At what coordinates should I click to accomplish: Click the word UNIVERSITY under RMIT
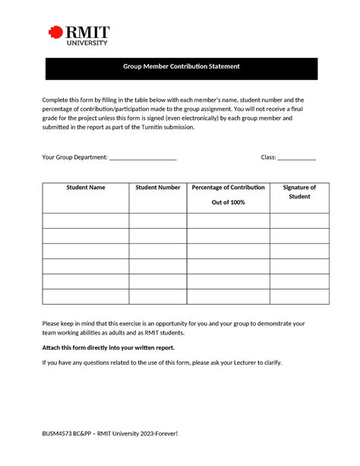(x=87, y=43)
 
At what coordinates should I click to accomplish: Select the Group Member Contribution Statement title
(x=181, y=67)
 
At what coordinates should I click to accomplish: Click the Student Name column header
(x=85, y=187)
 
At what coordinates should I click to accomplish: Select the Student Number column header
(x=157, y=187)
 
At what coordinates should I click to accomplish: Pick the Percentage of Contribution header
(x=228, y=187)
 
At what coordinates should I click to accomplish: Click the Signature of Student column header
(x=299, y=192)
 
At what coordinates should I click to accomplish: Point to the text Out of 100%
(x=228, y=202)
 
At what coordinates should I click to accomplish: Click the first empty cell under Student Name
(x=85, y=220)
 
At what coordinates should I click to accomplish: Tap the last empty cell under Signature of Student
(x=299, y=296)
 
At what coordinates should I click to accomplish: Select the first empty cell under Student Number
(x=157, y=220)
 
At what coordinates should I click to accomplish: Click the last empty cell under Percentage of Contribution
(x=228, y=296)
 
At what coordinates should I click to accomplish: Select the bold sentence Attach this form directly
(x=108, y=347)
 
